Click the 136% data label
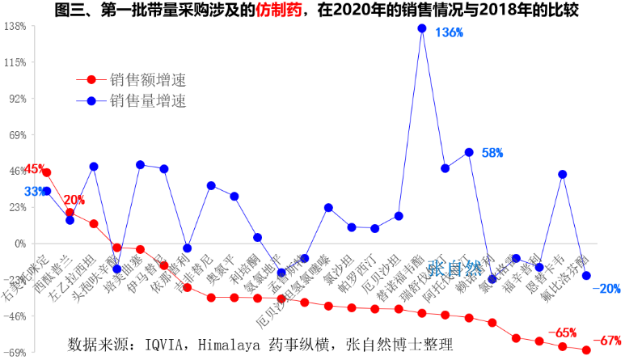tap(450, 33)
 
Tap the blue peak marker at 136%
tap(422, 28)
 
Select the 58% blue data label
tap(492, 152)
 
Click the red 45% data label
tap(34, 169)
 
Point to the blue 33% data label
tap(34, 192)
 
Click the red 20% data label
tap(74, 200)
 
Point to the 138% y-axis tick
tap(15, 26)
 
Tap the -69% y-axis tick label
tap(16, 353)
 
